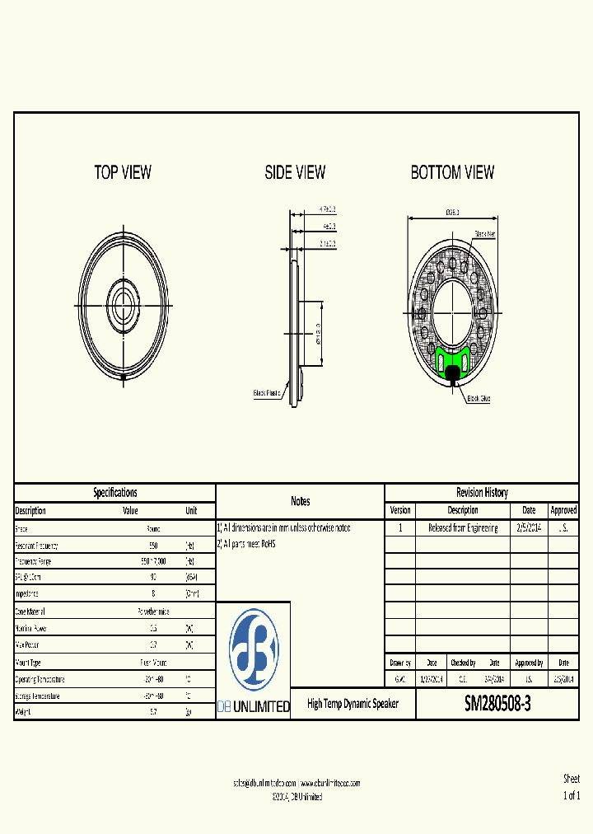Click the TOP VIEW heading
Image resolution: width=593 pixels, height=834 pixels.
pyautogui.click(x=123, y=172)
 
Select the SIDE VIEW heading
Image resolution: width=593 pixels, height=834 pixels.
pyautogui.click(x=295, y=172)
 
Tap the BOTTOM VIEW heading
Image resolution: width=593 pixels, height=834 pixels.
pyautogui.click(x=452, y=172)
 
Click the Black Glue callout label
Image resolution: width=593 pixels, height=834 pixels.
pyautogui.click(x=479, y=398)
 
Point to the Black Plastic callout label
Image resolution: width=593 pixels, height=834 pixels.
pyautogui.click(x=267, y=393)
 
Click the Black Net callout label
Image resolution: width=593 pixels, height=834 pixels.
pyautogui.click(x=485, y=234)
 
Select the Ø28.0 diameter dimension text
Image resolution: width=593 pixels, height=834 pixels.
pyautogui.click(x=452, y=212)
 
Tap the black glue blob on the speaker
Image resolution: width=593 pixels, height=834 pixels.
pyautogui.click(x=453, y=374)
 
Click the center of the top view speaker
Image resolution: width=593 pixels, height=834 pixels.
pyautogui.click(x=124, y=296)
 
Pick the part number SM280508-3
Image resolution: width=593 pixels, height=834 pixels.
pyautogui.click(x=497, y=705)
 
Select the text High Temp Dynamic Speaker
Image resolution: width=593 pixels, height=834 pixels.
pyautogui.click(x=353, y=704)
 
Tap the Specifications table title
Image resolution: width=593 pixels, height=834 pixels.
pyautogui.click(x=115, y=492)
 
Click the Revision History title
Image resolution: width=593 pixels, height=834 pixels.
pyautogui.click(x=482, y=492)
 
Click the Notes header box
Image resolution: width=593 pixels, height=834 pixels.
pyautogui.click(x=300, y=501)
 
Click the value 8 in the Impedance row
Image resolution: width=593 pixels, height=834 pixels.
pyautogui.click(x=153, y=593)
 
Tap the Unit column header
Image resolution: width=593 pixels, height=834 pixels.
pyautogui.click(x=191, y=510)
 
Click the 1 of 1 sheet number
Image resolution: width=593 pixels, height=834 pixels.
pyautogui.click(x=571, y=795)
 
